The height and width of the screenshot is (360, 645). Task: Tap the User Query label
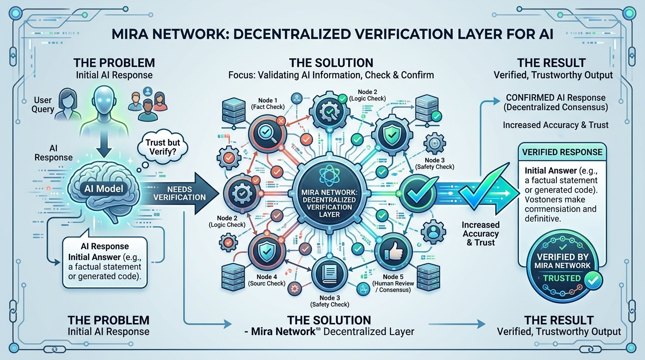[44, 105]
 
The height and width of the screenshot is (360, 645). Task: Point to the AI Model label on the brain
[103, 188]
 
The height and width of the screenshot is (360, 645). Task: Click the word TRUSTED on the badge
[562, 278]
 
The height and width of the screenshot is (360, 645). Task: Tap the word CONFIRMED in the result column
[528, 98]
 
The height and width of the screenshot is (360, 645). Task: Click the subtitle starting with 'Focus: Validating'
[331, 75]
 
